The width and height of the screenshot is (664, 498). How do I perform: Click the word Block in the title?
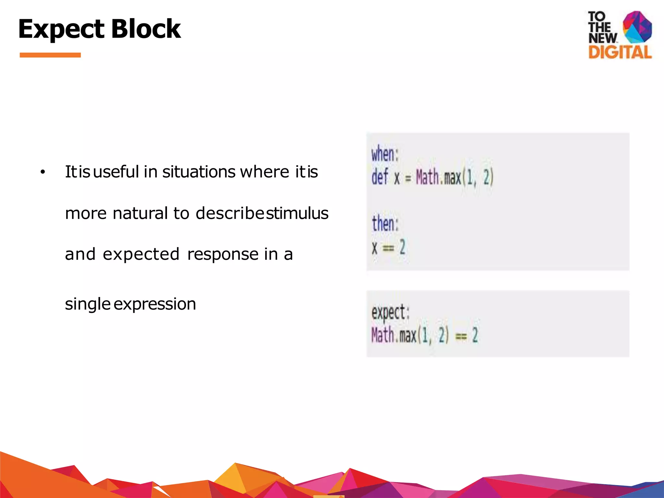pos(146,29)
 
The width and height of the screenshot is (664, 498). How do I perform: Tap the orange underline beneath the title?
pos(50,55)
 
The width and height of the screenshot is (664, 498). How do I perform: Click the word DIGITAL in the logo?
pos(620,52)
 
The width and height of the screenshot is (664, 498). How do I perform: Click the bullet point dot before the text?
pos(42,172)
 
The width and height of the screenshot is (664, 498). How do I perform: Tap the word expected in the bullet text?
pos(141,254)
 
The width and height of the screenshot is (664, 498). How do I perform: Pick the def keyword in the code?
pos(380,177)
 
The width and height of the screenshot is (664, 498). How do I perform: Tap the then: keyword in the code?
pos(385,223)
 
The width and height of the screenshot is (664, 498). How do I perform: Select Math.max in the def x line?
pos(438,177)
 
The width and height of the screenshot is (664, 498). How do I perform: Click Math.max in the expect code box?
pos(394,335)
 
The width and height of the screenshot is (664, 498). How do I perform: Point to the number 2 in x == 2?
pos(402,247)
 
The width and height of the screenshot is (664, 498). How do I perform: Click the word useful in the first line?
pos(116,172)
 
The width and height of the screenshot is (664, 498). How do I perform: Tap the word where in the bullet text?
pos(264,172)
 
